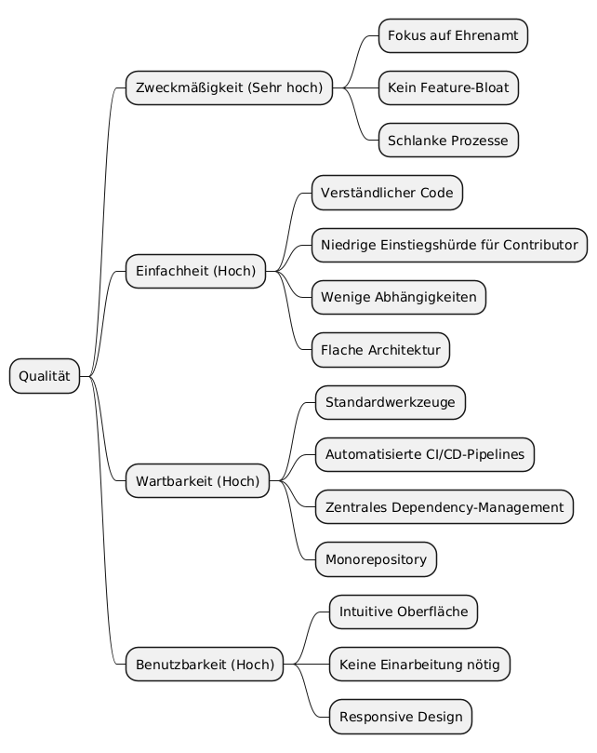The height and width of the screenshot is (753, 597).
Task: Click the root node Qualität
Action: pyautogui.click(x=45, y=376)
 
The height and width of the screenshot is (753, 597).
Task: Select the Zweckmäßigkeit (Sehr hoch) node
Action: pyautogui.click(x=229, y=88)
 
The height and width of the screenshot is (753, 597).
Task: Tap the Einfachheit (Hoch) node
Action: pyautogui.click(x=196, y=272)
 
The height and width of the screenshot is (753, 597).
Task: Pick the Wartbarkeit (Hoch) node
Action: pyautogui.click(x=198, y=481)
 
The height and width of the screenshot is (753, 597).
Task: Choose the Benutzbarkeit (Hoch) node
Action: pyautogui.click(x=205, y=665)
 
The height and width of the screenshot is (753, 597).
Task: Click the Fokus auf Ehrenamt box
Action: pyautogui.click(x=453, y=36)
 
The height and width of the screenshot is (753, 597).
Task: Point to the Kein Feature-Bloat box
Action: pyautogui.click(x=448, y=88)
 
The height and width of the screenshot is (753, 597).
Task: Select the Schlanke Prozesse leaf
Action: pyautogui.click(x=448, y=141)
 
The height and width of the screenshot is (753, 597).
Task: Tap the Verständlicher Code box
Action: pyautogui.click(x=387, y=194)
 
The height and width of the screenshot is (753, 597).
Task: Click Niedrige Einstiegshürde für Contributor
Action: pyautogui.click(x=449, y=246)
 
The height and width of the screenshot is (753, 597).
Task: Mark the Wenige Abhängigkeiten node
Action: pyautogui.click(x=399, y=298)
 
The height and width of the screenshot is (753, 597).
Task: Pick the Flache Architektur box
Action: pyautogui.click(x=381, y=350)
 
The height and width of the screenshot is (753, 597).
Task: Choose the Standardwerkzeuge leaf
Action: pyautogui.click(x=391, y=403)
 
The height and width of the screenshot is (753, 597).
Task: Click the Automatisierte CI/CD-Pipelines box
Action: pyautogui.click(x=425, y=455)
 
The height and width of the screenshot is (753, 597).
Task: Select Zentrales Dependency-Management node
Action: pyautogui.click(x=444, y=507)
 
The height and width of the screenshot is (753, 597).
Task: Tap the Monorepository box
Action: pyautogui.click(x=376, y=559)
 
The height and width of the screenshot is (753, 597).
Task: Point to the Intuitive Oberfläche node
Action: pyautogui.click(x=404, y=612)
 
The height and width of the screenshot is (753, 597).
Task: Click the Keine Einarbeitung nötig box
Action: pyautogui.click(x=419, y=665)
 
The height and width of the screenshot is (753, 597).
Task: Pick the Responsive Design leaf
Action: pyautogui.click(x=400, y=717)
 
